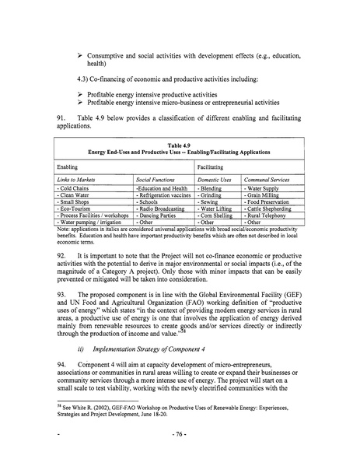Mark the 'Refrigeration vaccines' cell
pyautogui.click(x=166, y=194)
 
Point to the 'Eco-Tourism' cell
pyautogui.click(x=77, y=208)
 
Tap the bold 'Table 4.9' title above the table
pyautogui.click(x=180, y=145)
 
